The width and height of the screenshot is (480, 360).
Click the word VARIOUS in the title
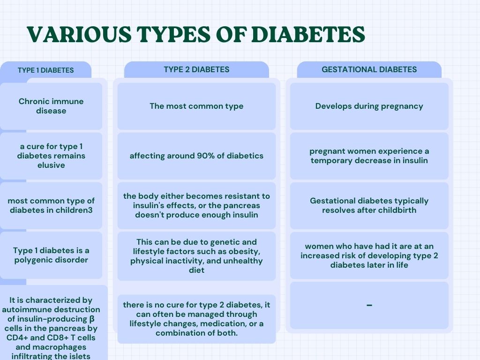pos(79,34)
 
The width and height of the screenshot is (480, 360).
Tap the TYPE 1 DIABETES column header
pos(45,70)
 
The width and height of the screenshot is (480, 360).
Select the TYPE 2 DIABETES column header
pos(196,69)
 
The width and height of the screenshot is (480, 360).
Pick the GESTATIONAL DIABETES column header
pos(369,69)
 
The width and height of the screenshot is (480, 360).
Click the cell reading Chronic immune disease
pos(51,106)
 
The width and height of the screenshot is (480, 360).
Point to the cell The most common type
pos(196,106)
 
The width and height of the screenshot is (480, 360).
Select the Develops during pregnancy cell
pos(369,106)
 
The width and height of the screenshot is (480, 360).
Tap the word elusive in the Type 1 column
pos(51,165)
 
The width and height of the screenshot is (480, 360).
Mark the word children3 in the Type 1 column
pos(74,210)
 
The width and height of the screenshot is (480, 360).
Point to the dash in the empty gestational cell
pos(369,305)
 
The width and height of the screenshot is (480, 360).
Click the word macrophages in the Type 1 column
pos(62,347)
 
